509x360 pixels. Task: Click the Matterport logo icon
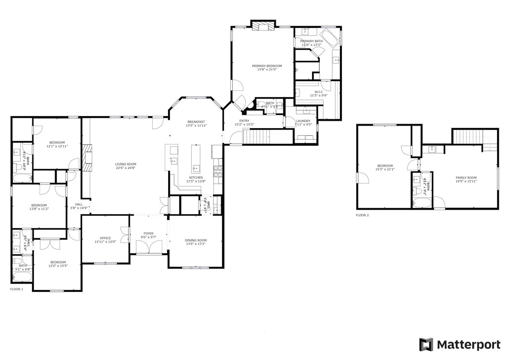click(426, 345)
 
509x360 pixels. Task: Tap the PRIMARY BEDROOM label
click(267, 66)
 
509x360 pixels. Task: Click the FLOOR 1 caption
click(17, 289)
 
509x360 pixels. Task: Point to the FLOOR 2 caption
click(362, 215)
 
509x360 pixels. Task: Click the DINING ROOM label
click(196, 240)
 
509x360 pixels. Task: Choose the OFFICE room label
click(105, 238)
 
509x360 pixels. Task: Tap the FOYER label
click(148, 233)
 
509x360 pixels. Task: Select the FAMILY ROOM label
click(466, 178)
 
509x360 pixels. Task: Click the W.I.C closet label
click(319, 92)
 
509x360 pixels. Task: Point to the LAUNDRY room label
click(303, 121)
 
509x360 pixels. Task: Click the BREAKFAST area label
click(196, 122)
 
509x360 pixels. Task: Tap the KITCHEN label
click(196, 177)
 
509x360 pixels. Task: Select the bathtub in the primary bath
click(330, 39)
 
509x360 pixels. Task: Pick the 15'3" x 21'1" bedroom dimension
click(385, 170)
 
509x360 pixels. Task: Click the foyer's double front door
click(148, 247)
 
